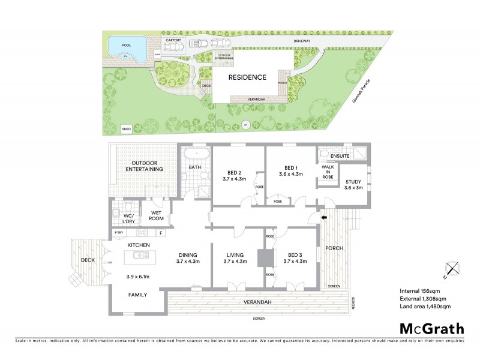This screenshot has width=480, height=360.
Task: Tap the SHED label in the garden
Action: click(x=126, y=128)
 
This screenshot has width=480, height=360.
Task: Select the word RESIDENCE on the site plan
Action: click(x=246, y=77)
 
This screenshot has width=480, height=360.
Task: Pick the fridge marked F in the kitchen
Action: click(x=160, y=233)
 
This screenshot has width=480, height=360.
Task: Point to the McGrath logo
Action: click(x=431, y=328)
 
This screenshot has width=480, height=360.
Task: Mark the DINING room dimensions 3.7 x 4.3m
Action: click(x=188, y=262)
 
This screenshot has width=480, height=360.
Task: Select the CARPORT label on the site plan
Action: click(x=176, y=39)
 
